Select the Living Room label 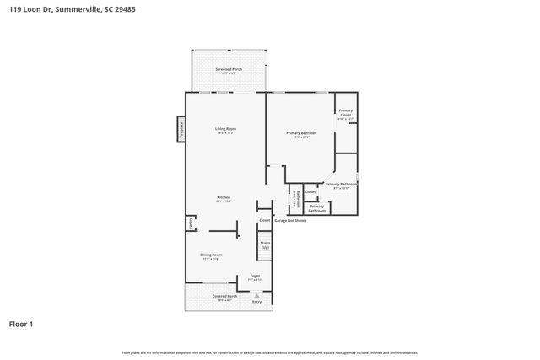pyautogui.click(x=225, y=128)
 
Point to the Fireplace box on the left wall pyautogui.click(x=180, y=128)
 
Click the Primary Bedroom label pyautogui.click(x=301, y=132)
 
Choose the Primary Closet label pyautogui.click(x=346, y=113)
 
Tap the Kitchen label pyautogui.click(x=224, y=197)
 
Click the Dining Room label pyautogui.click(x=211, y=255)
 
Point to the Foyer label pyautogui.click(x=254, y=276)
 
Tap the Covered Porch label pyautogui.click(x=224, y=296)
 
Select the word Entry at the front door pyautogui.click(x=256, y=302)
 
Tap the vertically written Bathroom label pyautogui.click(x=295, y=200)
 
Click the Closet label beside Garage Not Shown pyautogui.click(x=265, y=220)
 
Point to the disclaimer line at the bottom pyautogui.click(x=270, y=352)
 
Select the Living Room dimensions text pyautogui.click(x=225, y=133)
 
